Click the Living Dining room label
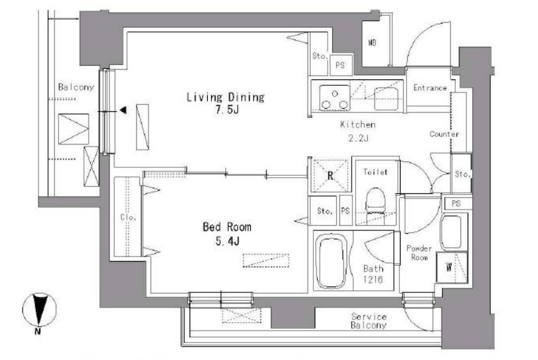225,98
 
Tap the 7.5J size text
227,110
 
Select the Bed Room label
227,227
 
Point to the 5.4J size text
227,242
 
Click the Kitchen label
358,124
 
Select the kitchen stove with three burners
335,98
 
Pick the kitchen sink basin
386,98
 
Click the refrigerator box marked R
330,176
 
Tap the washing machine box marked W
452,268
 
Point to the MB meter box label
373,42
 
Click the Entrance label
430,88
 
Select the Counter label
444,134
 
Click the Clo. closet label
128,217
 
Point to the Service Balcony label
369,321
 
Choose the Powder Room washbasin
451,232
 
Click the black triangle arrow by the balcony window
123,110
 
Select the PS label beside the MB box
340,65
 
